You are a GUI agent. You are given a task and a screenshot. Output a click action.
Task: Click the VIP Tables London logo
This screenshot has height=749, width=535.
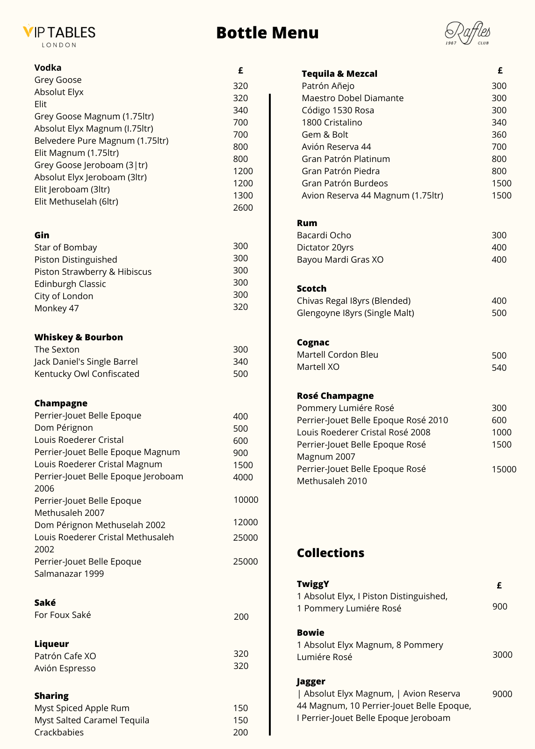click(59, 35)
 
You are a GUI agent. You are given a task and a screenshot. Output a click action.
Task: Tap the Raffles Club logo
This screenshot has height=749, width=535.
click(467, 33)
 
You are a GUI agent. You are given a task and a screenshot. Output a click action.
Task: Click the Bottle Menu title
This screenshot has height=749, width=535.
click(267, 33)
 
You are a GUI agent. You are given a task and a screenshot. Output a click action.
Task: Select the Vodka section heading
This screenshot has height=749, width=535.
click(48, 67)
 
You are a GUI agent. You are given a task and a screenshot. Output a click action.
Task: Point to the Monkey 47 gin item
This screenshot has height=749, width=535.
click(57, 308)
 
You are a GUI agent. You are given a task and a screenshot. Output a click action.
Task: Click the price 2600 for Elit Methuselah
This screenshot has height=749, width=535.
click(243, 207)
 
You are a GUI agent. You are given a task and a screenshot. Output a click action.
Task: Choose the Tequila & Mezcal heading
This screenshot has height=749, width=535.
click(339, 73)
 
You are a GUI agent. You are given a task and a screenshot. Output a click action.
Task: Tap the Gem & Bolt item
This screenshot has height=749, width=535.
click(325, 134)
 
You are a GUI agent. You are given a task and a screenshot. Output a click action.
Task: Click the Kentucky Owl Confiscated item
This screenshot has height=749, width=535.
click(87, 374)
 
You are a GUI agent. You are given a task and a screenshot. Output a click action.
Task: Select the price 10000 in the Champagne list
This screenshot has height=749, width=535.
click(246, 499)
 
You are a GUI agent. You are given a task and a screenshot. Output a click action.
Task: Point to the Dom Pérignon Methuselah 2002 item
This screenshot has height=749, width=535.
click(100, 525)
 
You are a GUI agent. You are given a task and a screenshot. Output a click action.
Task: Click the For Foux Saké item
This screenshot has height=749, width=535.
click(62, 615)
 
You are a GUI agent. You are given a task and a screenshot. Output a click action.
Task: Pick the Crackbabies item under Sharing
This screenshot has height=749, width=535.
click(59, 732)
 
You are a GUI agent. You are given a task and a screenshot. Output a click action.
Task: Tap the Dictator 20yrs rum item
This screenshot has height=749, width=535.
click(325, 247)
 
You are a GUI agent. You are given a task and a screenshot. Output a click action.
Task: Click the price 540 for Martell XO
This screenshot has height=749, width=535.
click(499, 367)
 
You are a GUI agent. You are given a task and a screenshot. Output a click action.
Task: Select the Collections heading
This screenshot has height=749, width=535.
click(330, 553)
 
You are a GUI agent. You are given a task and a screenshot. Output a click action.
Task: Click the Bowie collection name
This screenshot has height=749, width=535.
click(310, 632)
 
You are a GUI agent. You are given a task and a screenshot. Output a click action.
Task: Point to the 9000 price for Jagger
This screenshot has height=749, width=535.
click(502, 694)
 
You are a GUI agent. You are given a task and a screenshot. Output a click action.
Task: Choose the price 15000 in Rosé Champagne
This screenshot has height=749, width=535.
click(504, 469)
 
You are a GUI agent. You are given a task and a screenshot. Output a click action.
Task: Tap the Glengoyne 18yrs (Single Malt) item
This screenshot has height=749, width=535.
click(355, 313)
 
